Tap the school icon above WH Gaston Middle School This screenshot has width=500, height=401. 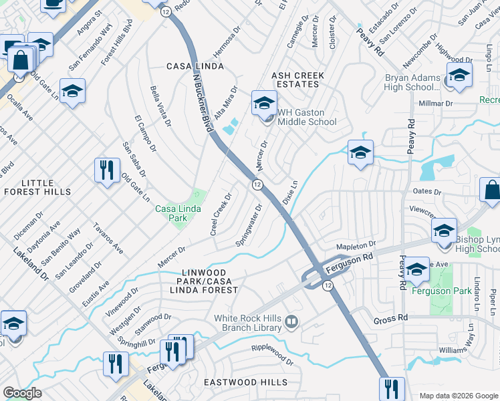click(x=264, y=104)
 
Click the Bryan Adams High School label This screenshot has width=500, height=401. click(x=412, y=83)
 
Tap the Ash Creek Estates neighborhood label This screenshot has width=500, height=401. click(x=295, y=80)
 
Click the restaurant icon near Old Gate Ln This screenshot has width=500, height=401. click(x=106, y=170)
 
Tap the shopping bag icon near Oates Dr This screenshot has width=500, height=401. click(x=491, y=190)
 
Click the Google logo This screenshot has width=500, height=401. click(x=22, y=393)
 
